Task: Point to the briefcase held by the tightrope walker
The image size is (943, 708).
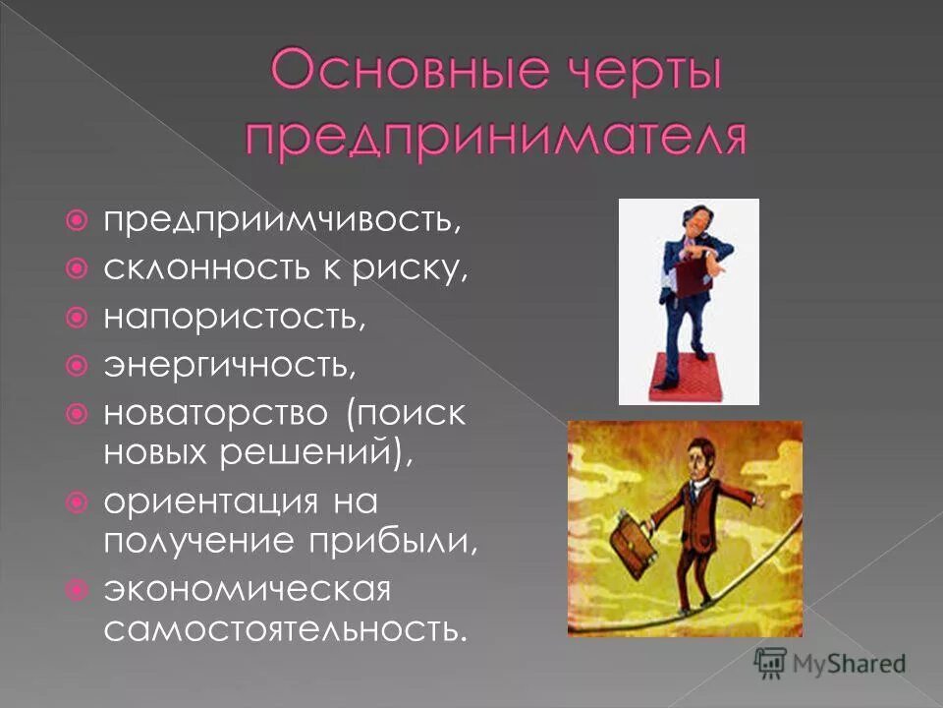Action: coord(628,540)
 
